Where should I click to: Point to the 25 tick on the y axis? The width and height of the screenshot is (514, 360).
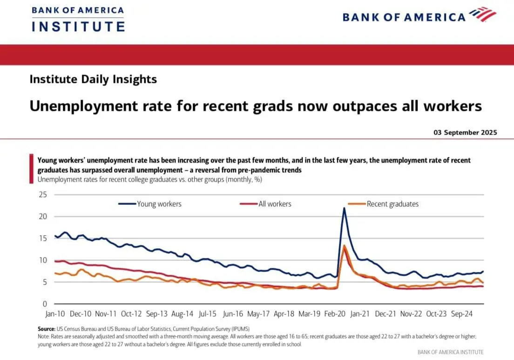pyautogui.click(x=43, y=194)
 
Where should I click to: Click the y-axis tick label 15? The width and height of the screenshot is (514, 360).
pyautogui.click(x=43, y=238)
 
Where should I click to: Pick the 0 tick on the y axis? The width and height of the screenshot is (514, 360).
pyautogui.click(x=45, y=304)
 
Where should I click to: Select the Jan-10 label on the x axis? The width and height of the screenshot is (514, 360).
pyautogui.click(x=55, y=314)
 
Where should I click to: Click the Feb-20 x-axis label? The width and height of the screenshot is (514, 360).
pyautogui.click(x=335, y=314)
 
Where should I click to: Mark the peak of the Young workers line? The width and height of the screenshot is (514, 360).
pyautogui.click(x=344, y=208)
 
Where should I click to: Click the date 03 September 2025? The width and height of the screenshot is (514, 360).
pyautogui.click(x=465, y=132)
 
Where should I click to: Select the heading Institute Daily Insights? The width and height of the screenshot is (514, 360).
pyautogui.click(x=93, y=79)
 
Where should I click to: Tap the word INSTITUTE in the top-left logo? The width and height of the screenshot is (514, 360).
pyautogui.click(x=78, y=26)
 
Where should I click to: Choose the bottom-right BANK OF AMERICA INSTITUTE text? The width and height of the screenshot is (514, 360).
pyautogui.click(x=450, y=352)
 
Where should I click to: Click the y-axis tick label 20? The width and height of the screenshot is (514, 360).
pyautogui.click(x=43, y=216)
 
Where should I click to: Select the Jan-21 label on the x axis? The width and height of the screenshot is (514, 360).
pyautogui.click(x=360, y=314)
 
